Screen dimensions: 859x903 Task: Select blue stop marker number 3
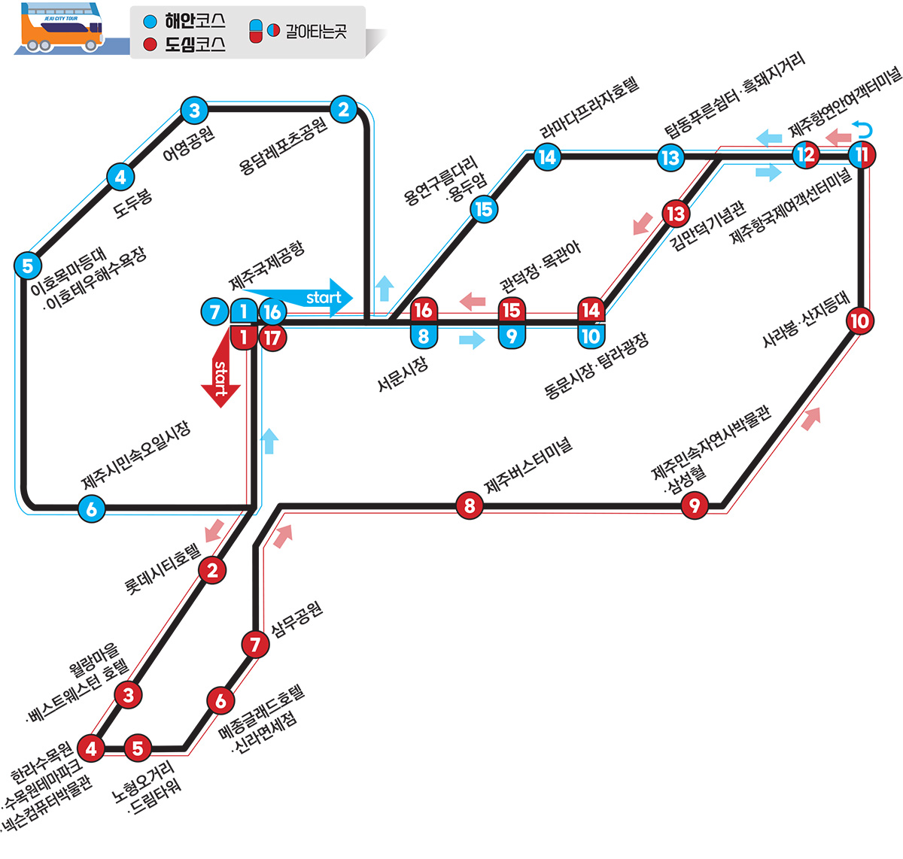click(194, 111)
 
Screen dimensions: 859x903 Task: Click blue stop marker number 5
click(28, 265)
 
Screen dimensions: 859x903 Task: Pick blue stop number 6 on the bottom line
click(91, 509)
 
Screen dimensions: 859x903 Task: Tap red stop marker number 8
click(470, 505)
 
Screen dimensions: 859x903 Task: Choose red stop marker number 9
click(694, 505)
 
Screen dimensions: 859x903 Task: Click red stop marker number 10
click(859, 321)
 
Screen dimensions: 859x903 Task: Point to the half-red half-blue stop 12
click(806, 155)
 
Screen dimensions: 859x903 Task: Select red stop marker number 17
click(272, 338)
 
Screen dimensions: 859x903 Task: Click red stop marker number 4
click(92, 748)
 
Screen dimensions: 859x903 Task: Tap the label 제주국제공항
click(267, 266)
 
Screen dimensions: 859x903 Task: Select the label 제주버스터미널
click(528, 466)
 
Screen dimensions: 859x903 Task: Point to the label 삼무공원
click(296, 618)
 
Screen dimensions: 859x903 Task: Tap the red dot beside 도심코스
click(150, 45)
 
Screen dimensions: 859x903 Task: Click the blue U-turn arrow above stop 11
click(864, 129)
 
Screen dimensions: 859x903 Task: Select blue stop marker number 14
click(547, 157)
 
